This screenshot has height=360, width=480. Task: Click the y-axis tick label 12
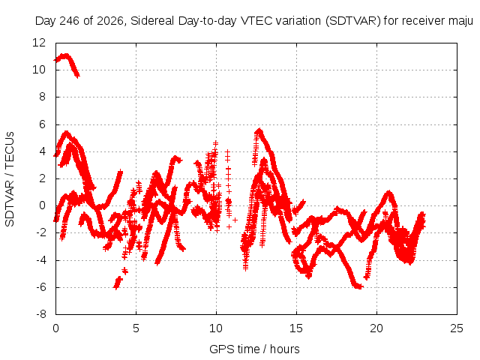coord(39,43)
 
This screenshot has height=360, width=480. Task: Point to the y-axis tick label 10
coord(39,70)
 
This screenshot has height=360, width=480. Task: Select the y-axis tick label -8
coord(40,314)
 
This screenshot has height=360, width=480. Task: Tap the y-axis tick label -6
coord(40,287)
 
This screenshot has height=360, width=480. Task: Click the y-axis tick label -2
coord(40,232)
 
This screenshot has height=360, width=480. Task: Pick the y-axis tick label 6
coord(42,124)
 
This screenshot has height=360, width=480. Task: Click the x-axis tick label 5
coord(136,328)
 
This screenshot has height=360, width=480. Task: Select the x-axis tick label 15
coord(296,328)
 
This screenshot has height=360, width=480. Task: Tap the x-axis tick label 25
coord(457,328)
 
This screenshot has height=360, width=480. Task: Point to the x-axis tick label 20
coord(376,328)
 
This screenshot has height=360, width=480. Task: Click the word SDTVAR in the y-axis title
coord(10,203)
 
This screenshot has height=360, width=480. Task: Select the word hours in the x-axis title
coord(285,349)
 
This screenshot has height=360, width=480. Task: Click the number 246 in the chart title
coord(70,21)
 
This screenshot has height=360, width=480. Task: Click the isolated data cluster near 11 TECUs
coord(67,64)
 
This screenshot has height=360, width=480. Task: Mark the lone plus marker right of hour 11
coord(235,220)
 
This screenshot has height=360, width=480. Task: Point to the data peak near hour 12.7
coord(259,131)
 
